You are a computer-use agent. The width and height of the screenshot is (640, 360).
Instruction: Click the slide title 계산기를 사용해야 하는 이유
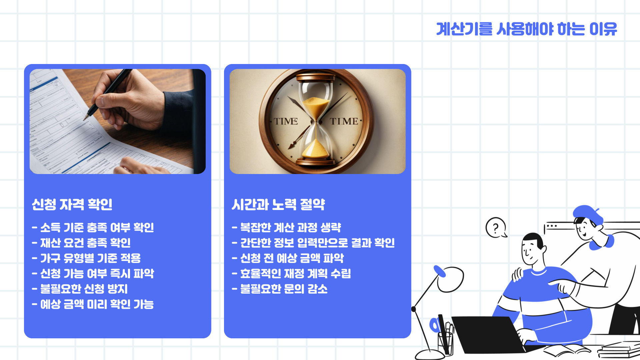pyautogui.click(x=526, y=29)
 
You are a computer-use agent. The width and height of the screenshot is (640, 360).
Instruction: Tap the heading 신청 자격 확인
pyautogui.click(x=72, y=204)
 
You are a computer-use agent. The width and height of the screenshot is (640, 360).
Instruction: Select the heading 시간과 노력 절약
pyautogui.click(x=278, y=204)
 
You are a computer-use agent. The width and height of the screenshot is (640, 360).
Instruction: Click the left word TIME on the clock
pyautogui.click(x=286, y=121)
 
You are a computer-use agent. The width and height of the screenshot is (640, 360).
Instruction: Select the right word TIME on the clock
pyautogui.click(x=344, y=121)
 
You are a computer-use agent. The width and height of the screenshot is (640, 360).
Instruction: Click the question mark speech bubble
pyautogui.click(x=496, y=228)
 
